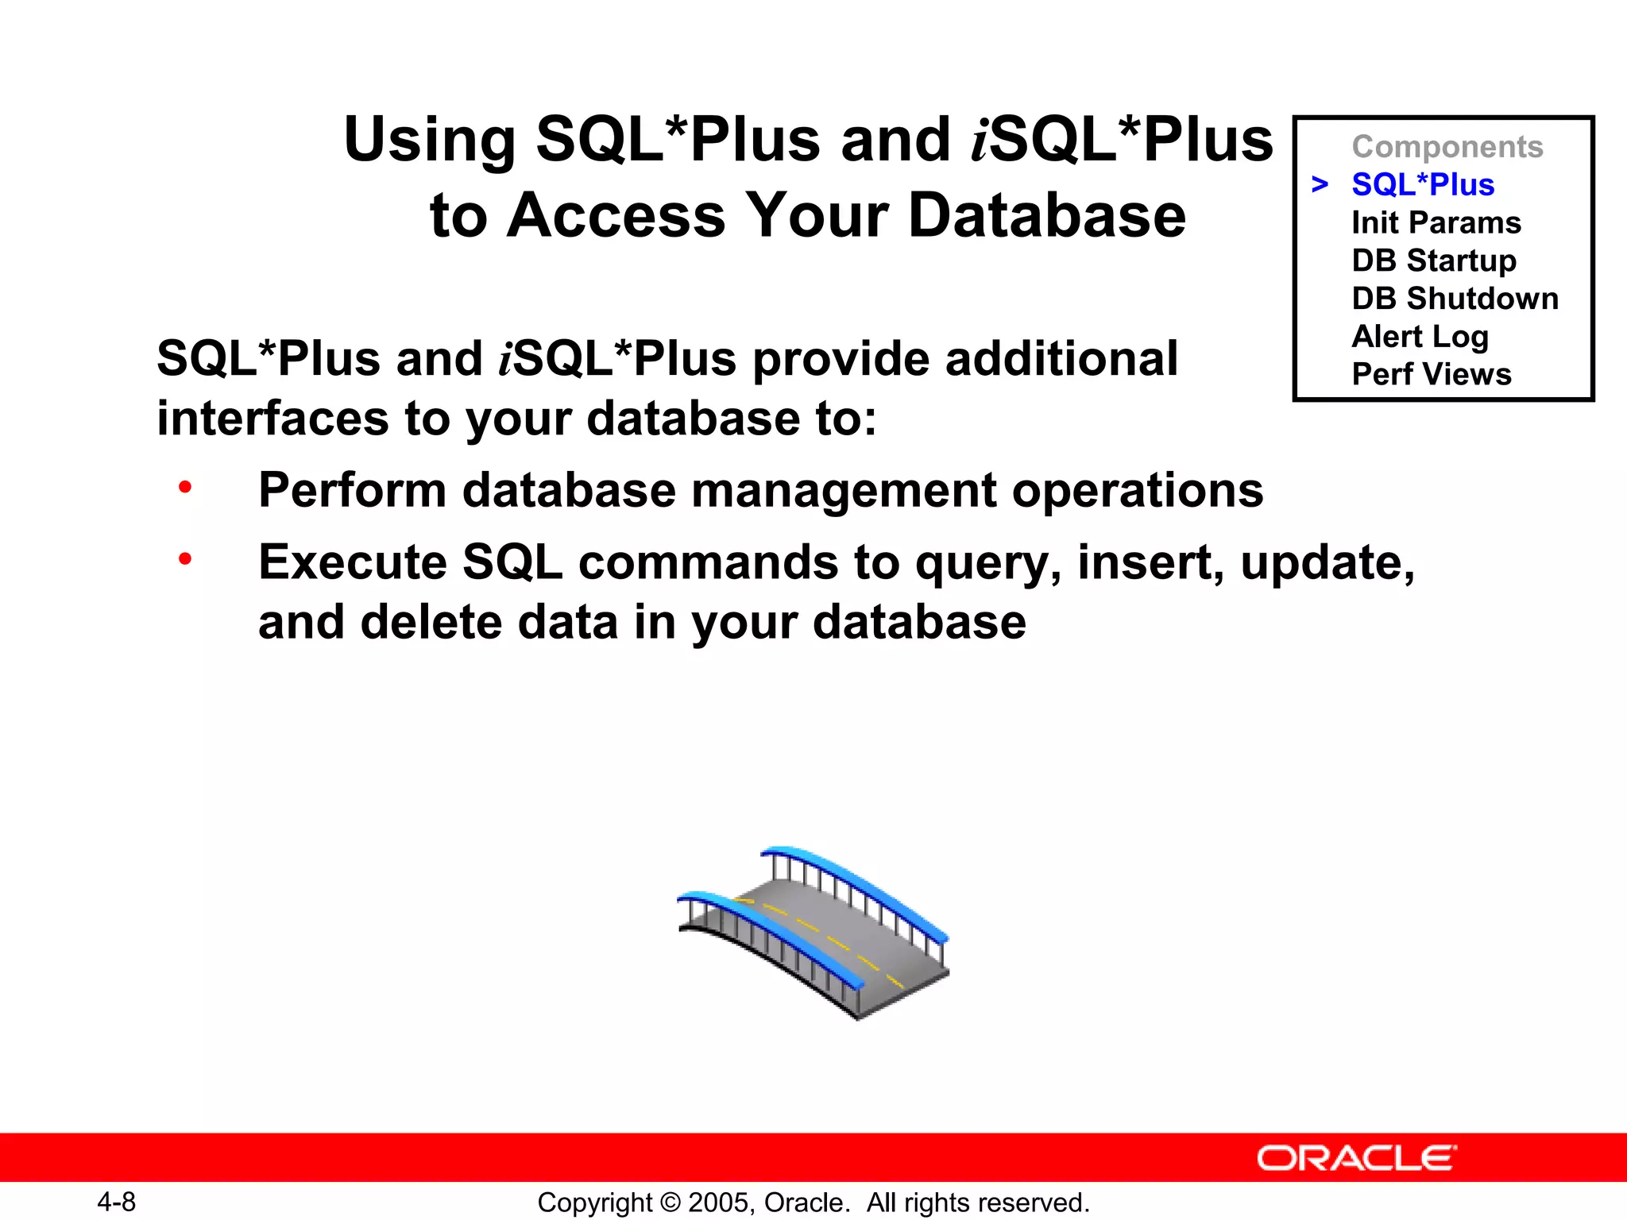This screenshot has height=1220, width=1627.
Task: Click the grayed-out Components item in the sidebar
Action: click(x=1447, y=147)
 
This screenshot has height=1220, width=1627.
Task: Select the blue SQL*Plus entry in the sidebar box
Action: click(x=1423, y=185)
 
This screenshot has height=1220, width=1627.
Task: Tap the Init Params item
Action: click(x=1436, y=223)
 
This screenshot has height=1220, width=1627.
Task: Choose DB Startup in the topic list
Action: click(x=1434, y=261)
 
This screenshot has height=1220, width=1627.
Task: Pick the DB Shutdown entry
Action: click(x=1455, y=299)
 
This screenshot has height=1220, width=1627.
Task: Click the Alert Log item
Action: click(x=1420, y=337)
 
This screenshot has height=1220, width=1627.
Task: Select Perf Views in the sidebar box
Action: click(x=1432, y=374)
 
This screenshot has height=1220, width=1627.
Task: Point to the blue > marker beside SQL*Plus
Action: click(x=1320, y=185)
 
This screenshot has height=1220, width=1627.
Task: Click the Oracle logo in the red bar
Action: click(x=1356, y=1158)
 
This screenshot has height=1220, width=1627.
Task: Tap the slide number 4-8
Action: click(x=117, y=1202)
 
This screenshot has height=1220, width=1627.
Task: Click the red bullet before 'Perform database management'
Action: click(x=185, y=487)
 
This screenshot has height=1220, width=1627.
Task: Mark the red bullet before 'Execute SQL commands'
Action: click(x=185, y=559)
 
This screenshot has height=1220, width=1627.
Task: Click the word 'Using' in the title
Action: click(x=430, y=141)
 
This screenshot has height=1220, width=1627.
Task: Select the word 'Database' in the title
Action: click(x=1046, y=216)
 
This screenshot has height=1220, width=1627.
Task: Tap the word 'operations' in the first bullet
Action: click(x=1137, y=490)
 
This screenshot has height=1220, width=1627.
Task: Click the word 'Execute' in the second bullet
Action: click(x=353, y=562)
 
